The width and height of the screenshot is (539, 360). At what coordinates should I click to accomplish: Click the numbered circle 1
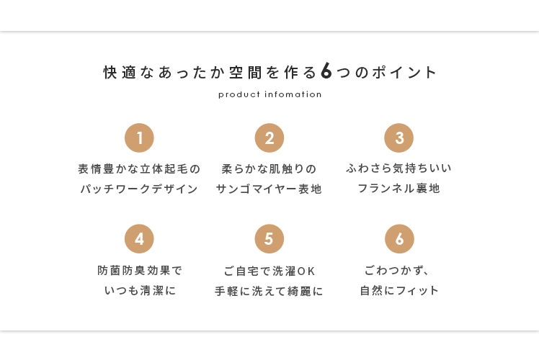(139, 138)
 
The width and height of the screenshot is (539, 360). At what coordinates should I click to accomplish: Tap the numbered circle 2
(269, 138)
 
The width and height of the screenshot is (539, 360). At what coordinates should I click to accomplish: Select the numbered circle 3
(399, 138)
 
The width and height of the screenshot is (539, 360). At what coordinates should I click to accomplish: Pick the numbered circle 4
(139, 239)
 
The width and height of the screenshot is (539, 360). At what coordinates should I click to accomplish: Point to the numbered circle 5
(269, 239)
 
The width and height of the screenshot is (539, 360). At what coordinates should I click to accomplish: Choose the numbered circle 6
(399, 239)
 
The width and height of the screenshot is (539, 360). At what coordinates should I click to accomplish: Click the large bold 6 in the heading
(326, 72)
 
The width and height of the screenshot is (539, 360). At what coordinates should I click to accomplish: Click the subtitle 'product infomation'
(269, 94)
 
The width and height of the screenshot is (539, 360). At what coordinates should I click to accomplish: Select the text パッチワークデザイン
(139, 189)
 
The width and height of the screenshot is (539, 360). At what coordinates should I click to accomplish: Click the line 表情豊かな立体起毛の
(139, 169)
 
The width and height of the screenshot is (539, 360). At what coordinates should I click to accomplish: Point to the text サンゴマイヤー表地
(269, 189)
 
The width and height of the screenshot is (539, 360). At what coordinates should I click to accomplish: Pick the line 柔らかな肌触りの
(269, 169)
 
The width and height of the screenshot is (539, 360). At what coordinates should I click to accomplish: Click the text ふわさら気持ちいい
(399, 168)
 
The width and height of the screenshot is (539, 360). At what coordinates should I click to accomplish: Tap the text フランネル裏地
(398, 189)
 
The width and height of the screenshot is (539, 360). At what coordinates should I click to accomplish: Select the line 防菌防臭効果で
(140, 271)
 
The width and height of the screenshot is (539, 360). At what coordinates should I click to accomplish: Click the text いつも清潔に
(140, 292)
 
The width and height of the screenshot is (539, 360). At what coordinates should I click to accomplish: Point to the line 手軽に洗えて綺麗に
(269, 292)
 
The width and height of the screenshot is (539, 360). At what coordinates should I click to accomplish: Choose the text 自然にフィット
(399, 292)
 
